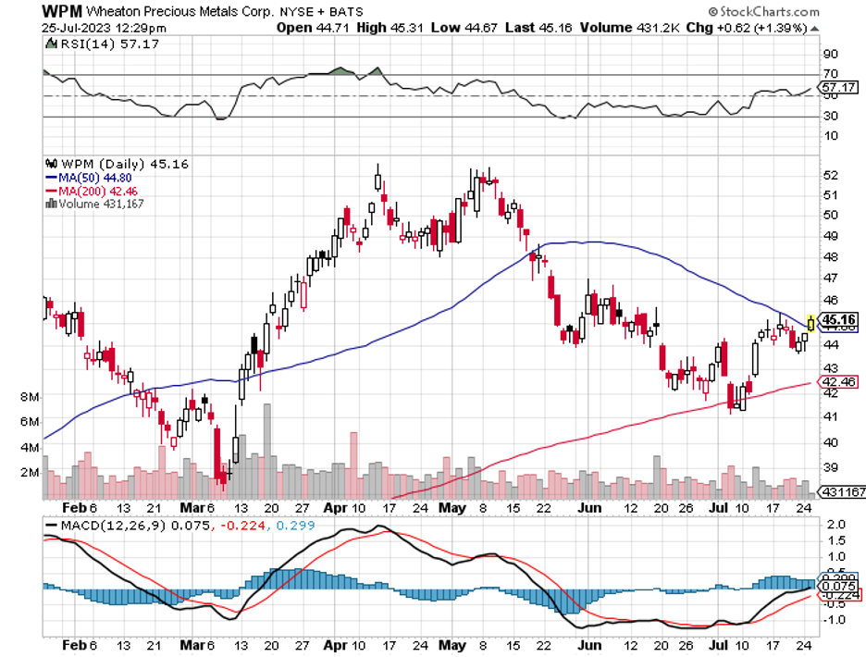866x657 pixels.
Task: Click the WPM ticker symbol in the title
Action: click(63, 11)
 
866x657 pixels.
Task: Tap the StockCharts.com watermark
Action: click(764, 12)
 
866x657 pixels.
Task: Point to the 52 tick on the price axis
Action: click(830, 175)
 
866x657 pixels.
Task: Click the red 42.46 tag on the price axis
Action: click(840, 381)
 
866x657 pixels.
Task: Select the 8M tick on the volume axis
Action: click(29, 397)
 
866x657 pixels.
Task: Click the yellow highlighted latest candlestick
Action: click(811, 322)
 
